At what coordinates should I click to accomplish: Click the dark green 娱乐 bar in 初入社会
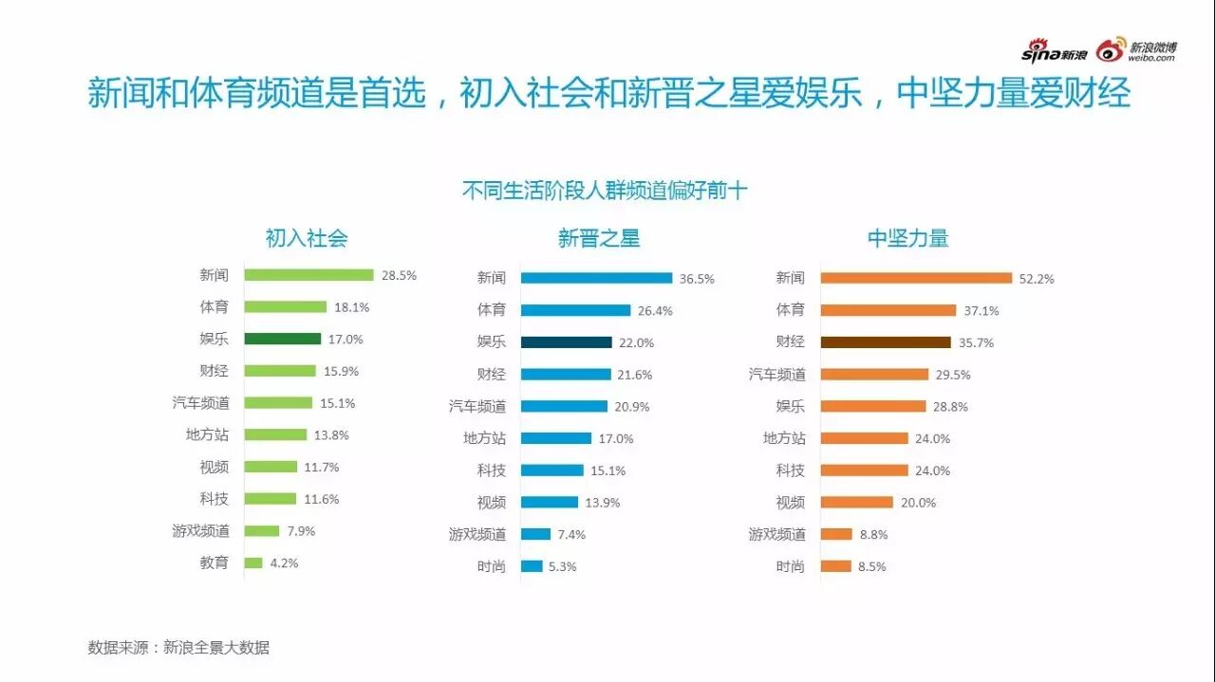tap(282, 339)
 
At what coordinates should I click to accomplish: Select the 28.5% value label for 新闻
tap(399, 275)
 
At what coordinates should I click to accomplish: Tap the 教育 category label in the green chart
tap(214, 562)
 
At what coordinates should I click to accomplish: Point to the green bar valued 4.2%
tap(253, 562)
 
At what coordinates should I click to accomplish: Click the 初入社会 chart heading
tap(306, 238)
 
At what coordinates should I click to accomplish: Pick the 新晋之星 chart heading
tap(598, 238)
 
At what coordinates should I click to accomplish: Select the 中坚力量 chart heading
tap(907, 238)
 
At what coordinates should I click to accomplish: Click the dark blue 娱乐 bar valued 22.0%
tap(566, 342)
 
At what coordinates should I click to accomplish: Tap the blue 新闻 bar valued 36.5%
tap(596, 278)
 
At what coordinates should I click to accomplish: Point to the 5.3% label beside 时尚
tap(562, 566)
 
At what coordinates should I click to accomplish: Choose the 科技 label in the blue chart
tap(491, 470)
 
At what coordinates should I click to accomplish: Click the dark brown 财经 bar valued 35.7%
tap(885, 342)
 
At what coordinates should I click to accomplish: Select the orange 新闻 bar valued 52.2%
tap(916, 278)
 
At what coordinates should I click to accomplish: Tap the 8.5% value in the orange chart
tap(871, 566)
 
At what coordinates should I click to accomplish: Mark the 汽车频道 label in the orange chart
tap(776, 375)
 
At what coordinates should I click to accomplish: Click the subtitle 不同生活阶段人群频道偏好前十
tap(605, 191)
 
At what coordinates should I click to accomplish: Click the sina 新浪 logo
tap(1054, 51)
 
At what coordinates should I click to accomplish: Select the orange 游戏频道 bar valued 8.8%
tap(835, 534)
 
